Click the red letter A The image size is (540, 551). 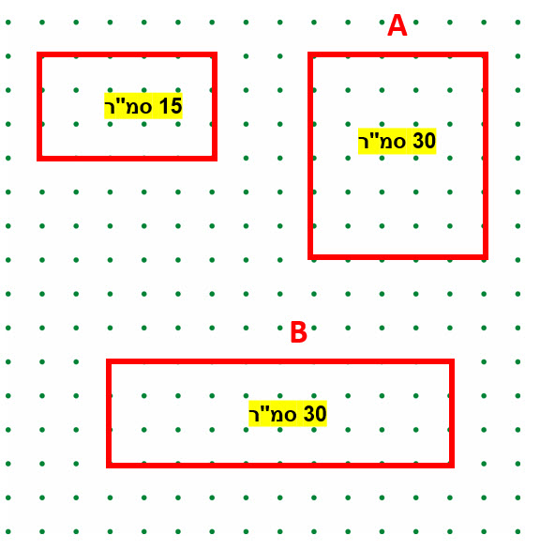(397, 25)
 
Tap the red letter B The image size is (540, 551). (299, 332)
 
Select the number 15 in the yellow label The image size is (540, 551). (171, 106)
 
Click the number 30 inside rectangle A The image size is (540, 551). (424, 141)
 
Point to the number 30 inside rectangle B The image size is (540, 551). (315, 414)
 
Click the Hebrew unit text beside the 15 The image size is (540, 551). (128, 106)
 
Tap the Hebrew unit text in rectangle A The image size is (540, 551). (382, 141)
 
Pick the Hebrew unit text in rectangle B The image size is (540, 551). (273, 414)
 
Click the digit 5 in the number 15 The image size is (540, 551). (176, 106)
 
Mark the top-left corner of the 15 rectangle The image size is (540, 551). (39, 54)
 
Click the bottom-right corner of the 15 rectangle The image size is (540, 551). (215, 159)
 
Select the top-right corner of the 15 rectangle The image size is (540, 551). (215, 54)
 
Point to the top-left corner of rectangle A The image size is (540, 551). (310, 54)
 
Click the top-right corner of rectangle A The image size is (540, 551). (486, 54)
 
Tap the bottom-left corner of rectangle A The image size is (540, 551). (310, 257)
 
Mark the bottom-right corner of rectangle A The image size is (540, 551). (486, 257)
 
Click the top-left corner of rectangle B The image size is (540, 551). (109, 361)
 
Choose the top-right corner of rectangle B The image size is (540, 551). (452, 361)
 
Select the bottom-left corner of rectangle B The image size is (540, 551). (109, 466)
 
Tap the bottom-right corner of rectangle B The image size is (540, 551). (452, 466)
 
